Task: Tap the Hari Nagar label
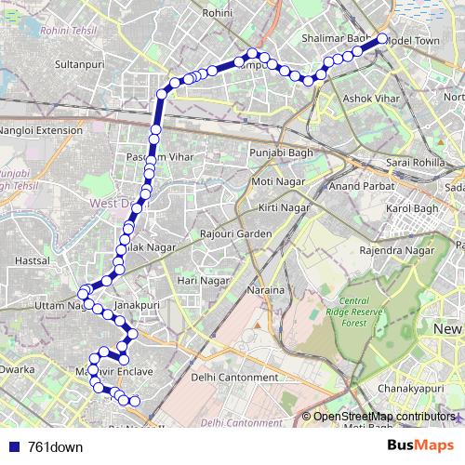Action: click(x=203, y=279)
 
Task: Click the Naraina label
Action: click(x=266, y=291)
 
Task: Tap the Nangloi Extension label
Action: click(x=41, y=130)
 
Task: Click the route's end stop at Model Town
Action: click(x=381, y=40)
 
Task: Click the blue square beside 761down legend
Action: click(x=13, y=446)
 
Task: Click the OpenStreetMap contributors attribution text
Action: click(x=384, y=417)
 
